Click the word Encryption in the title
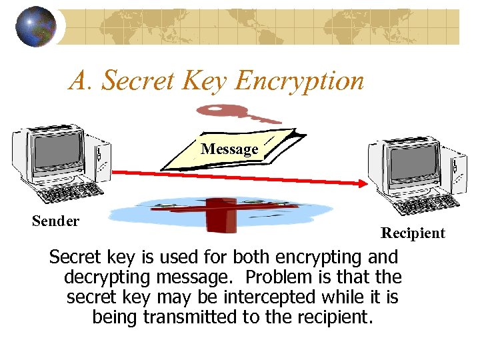point(299,81)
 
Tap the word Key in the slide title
point(201,81)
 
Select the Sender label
point(55,221)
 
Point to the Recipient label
point(413,233)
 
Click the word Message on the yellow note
point(229,149)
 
